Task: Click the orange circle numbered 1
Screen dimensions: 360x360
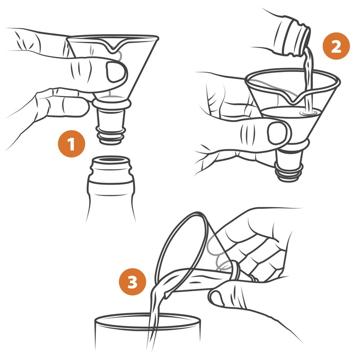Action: tap(71, 145)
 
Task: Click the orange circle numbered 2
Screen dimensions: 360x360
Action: tap(337, 47)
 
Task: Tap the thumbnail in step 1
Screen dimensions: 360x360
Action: tap(116, 72)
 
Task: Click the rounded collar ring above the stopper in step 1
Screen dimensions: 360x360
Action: tap(111, 105)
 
